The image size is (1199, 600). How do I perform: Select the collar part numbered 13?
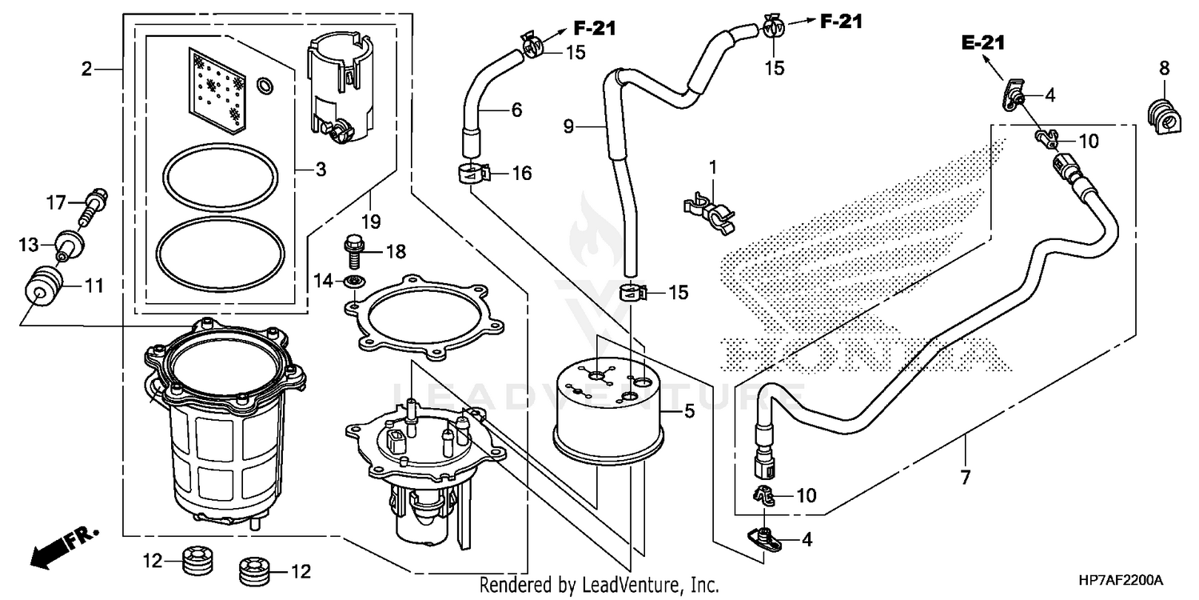pyautogui.click(x=69, y=242)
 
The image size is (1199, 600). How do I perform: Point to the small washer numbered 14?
pyautogui.click(x=351, y=281)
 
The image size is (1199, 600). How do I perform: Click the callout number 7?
pyautogui.click(x=965, y=478)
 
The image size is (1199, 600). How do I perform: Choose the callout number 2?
pyautogui.click(x=86, y=69)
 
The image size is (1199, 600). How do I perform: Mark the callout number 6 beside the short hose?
pyautogui.click(x=516, y=110)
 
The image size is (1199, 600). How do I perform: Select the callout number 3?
pyautogui.click(x=320, y=169)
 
